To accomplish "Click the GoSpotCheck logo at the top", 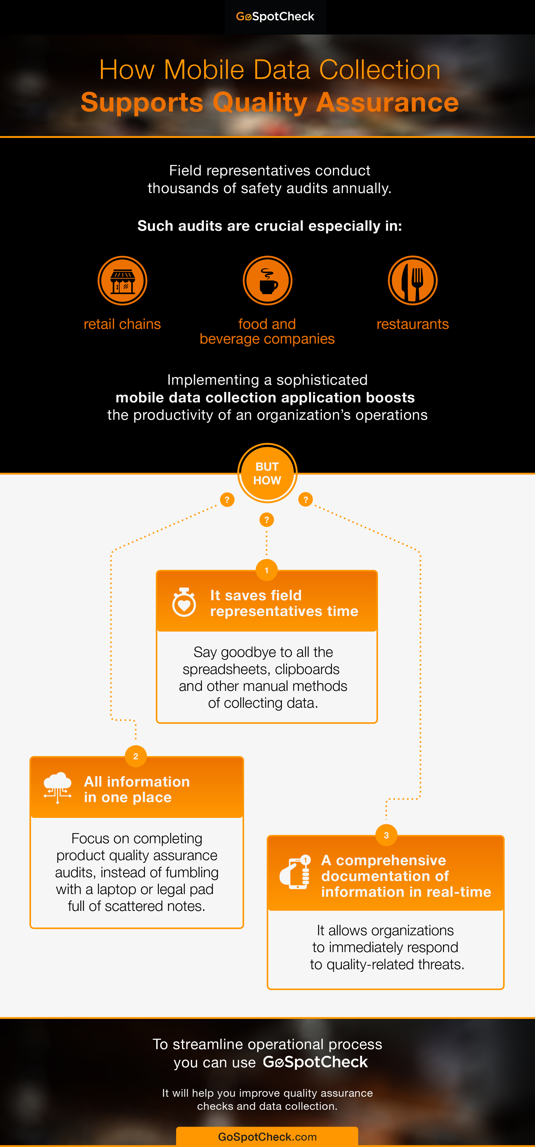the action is pyautogui.click(x=275, y=17).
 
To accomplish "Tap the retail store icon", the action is pyautogui.click(x=123, y=280).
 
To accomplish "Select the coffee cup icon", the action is pyautogui.click(x=267, y=280).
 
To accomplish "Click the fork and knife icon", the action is pyautogui.click(x=412, y=280).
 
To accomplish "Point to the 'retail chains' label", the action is pyautogui.click(x=122, y=324).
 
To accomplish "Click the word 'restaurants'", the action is pyautogui.click(x=412, y=324).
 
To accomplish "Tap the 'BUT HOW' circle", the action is pyautogui.click(x=267, y=473).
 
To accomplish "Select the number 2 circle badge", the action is pyautogui.click(x=136, y=756).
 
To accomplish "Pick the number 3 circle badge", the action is pyautogui.click(x=386, y=835).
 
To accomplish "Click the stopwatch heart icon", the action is pyautogui.click(x=184, y=602).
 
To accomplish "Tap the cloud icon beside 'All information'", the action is pyautogui.click(x=58, y=788).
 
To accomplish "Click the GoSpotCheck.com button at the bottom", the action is pyautogui.click(x=267, y=1137).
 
